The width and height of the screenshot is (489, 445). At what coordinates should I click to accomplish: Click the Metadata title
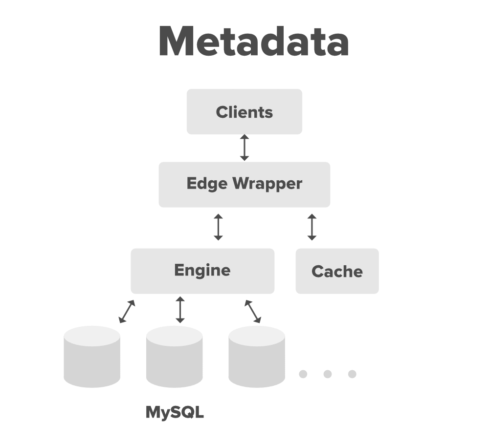tap(253, 42)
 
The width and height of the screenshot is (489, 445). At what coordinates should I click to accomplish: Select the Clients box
tap(244, 111)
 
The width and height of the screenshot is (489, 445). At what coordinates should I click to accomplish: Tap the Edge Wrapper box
tap(244, 184)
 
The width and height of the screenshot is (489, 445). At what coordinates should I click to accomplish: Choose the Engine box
tap(202, 271)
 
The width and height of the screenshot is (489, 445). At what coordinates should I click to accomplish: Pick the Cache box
tap(337, 271)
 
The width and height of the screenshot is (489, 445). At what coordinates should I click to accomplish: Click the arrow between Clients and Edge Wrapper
tap(244, 148)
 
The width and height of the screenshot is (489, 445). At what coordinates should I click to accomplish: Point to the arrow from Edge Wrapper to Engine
tap(218, 227)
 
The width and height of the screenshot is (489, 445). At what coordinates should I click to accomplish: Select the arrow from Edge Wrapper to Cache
tap(312, 227)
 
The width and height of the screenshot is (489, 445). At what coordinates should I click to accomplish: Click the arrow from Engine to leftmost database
tap(127, 312)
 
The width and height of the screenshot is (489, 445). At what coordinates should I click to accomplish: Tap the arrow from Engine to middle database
tap(180, 310)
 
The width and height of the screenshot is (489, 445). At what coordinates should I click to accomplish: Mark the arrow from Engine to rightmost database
tap(253, 312)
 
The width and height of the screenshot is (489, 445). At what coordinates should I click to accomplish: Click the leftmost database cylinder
tap(92, 357)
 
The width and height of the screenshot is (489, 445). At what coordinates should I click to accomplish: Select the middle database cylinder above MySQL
tap(174, 357)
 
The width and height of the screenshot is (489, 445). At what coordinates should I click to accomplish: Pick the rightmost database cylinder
tap(256, 357)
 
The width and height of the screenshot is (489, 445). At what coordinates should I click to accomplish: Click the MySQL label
tap(175, 413)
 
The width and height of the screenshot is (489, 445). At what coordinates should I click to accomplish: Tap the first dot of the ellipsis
tap(303, 374)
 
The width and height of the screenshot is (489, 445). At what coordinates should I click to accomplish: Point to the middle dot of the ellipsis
tap(328, 374)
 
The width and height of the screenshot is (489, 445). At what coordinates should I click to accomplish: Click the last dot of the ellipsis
tap(352, 374)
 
